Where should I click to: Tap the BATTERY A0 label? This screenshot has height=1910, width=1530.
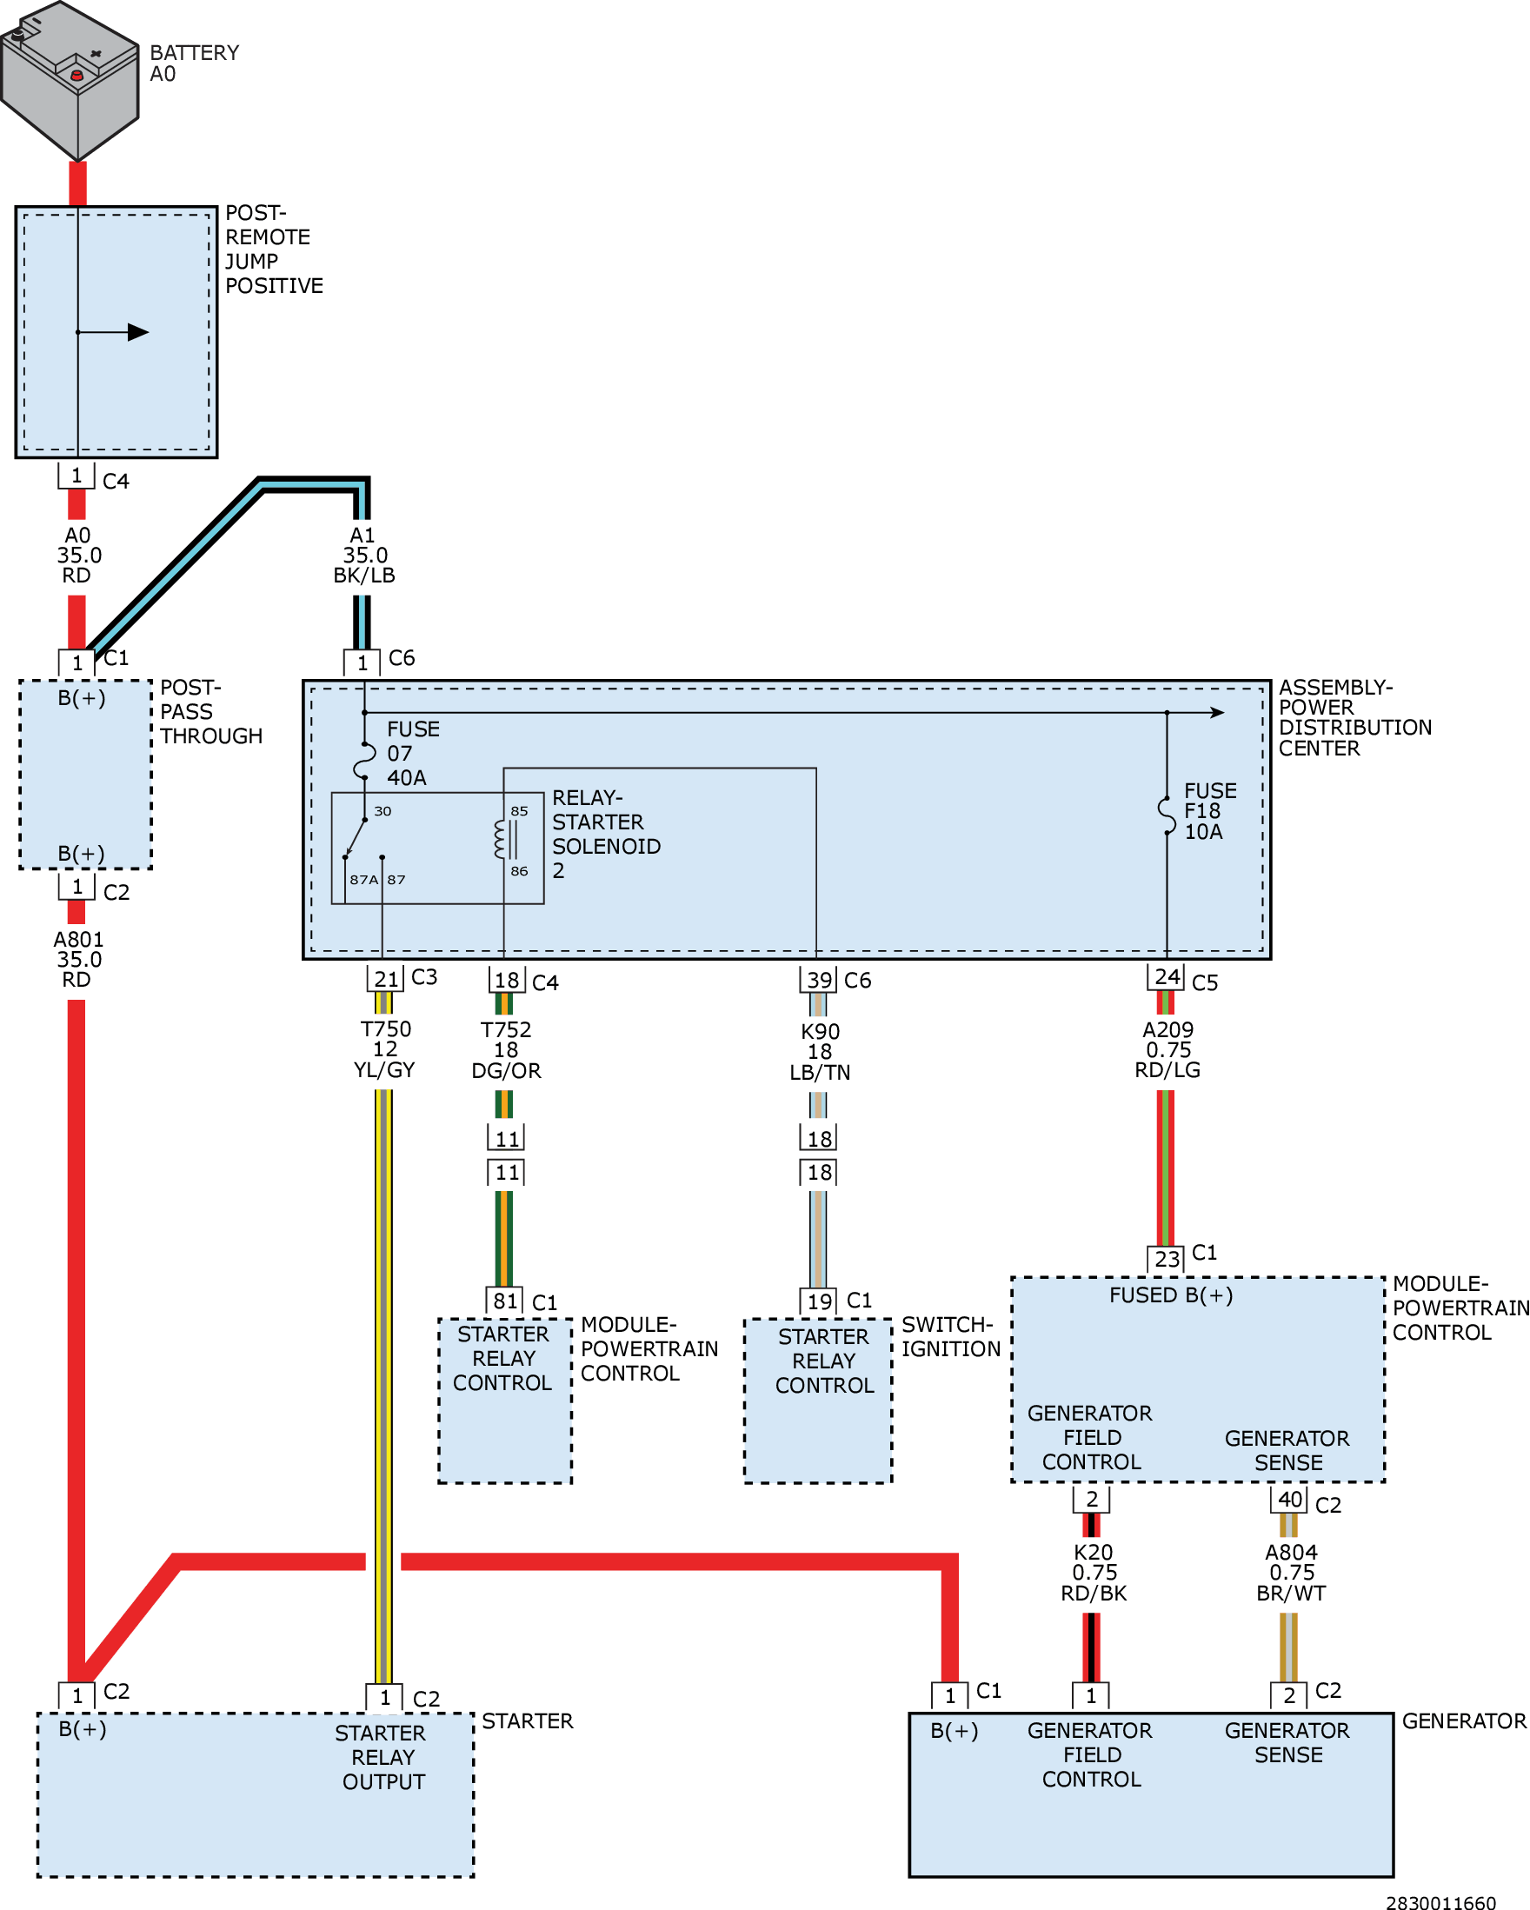(194, 63)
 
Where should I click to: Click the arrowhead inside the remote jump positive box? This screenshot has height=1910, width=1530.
(138, 332)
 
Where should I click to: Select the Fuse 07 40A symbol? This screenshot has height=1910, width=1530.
(365, 760)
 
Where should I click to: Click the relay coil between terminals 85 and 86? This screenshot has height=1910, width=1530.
(501, 839)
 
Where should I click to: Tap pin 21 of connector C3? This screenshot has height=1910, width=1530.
(385, 979)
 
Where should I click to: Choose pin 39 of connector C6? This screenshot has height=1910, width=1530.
(819, 980)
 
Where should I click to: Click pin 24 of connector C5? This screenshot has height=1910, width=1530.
(1167, 976)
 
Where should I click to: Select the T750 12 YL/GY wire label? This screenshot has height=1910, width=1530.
(384, 1050)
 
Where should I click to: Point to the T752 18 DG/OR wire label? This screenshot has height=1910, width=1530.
(506, 1050)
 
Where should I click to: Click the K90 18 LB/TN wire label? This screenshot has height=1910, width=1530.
(820, 1052)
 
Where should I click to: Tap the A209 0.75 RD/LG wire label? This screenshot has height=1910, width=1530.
(1167, 1050)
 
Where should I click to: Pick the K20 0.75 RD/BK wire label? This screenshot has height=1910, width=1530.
(1094, 1573)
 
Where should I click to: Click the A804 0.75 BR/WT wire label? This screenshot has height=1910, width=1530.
(1291, 1573)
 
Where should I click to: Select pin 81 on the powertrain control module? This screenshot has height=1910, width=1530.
(505, 1301)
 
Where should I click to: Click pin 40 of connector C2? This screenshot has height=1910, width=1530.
(1289, 1499)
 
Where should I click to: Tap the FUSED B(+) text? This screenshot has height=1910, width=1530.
(1171, 1295)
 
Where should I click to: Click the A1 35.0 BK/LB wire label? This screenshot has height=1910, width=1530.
(364, 556)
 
